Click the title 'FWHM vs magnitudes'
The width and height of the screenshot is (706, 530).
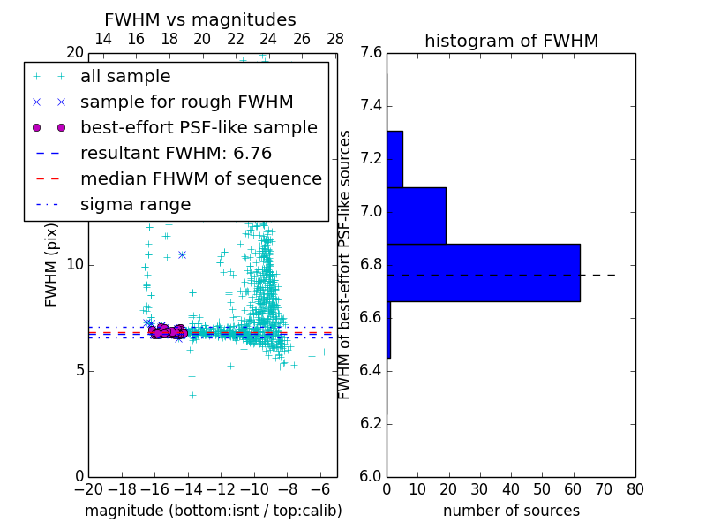[x=200, y=19]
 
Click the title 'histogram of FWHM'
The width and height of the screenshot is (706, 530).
[x=511, y=41]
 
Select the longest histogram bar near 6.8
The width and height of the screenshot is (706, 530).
[x=483, y=272]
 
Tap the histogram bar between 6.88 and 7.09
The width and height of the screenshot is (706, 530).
[x=416, y=216]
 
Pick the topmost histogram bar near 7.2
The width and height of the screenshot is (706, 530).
[x=394, y=159]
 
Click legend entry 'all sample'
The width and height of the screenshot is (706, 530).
[x=125, y=77]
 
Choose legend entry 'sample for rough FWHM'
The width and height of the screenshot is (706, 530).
[x=186, y=102]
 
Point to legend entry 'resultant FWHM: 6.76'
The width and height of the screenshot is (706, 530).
[x=176, y=153]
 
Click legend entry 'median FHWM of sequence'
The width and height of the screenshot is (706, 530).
[x=200, y=178]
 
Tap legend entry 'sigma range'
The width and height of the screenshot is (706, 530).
[x=135, y=204]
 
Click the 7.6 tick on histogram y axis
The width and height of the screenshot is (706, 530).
[x=372, y=52]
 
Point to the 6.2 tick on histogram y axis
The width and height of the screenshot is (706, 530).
[x=372, y=423]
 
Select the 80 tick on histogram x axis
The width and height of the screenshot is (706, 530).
[x=635, y=488]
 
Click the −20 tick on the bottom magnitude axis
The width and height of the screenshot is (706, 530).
[x=88, y=488]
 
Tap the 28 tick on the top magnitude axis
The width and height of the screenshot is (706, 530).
[x=335, y=39]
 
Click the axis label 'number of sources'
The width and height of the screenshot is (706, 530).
[x=511, y=511]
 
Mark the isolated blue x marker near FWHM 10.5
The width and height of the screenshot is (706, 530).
[x=182, y=254]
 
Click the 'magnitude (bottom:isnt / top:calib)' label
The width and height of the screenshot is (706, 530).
[x=213, y=511]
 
